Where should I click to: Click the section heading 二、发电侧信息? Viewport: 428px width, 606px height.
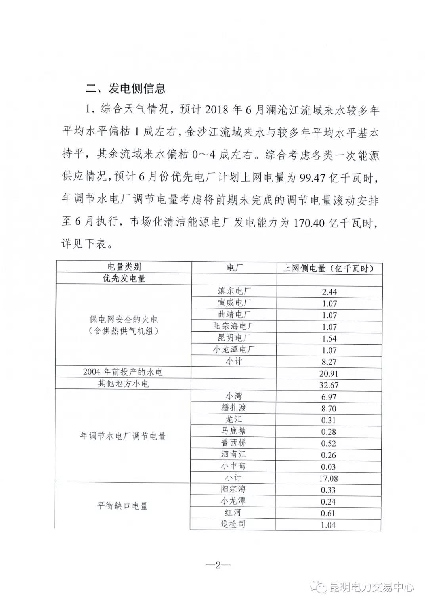[125, 88]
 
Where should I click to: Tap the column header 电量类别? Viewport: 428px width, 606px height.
[124, 267]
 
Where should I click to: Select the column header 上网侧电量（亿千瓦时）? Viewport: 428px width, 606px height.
[328, 268]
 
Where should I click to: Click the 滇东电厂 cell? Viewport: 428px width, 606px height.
[234, 291]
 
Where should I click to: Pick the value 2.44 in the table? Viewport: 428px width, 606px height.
[329, 292]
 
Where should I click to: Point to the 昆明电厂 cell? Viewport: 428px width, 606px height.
[234, 338]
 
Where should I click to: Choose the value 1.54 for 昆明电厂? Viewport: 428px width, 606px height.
[329, 339]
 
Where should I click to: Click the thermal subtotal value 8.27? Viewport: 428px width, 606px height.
[329, 362]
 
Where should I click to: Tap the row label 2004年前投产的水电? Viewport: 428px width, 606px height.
[123, 372]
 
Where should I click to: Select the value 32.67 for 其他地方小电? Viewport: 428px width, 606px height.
[329, 385]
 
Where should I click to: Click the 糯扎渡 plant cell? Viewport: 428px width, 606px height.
[234, 407]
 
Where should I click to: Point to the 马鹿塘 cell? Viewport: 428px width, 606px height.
[234, 431]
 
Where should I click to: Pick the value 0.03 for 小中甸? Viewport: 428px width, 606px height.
[329, 467]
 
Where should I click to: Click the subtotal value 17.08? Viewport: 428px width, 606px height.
[329, 479]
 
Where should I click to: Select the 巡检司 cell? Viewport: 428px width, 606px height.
[233, 524]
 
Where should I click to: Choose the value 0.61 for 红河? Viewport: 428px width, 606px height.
[329, 514]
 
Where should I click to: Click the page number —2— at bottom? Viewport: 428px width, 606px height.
[218, 566]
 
